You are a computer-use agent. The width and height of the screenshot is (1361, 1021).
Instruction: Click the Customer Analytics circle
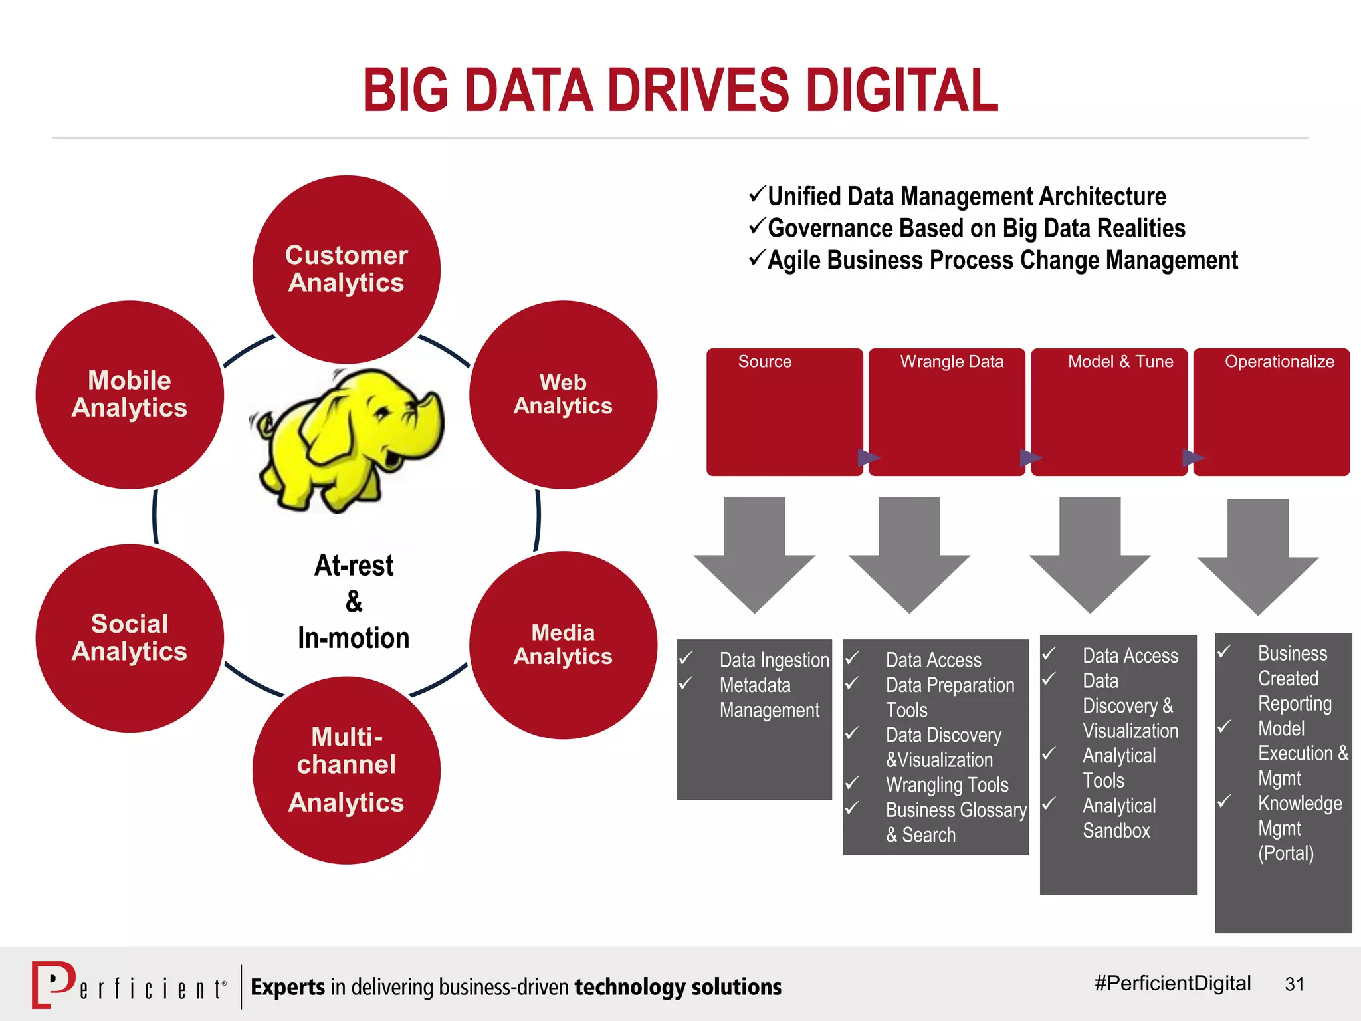346,269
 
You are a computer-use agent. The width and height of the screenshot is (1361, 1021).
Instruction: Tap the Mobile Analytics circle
130,395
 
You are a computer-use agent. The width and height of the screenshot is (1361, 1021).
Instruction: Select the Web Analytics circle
563,395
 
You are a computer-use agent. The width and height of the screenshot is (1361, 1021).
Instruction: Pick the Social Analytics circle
130,638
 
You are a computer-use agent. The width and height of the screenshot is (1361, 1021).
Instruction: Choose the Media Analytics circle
563,645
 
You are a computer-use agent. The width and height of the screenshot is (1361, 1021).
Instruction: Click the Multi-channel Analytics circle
346,770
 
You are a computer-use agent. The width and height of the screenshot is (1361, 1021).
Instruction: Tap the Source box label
764,362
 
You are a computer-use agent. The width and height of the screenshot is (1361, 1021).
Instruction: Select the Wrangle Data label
952,362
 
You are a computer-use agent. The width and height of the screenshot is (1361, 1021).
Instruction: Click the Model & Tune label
1120,362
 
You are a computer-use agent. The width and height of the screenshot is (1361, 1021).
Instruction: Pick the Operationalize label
1279,362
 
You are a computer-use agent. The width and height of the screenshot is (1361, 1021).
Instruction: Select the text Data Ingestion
774,660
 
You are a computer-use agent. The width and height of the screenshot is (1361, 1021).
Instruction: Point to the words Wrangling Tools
947,785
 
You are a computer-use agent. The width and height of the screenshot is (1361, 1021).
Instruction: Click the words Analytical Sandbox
1119,818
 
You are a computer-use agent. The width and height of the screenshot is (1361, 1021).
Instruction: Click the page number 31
1295,984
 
